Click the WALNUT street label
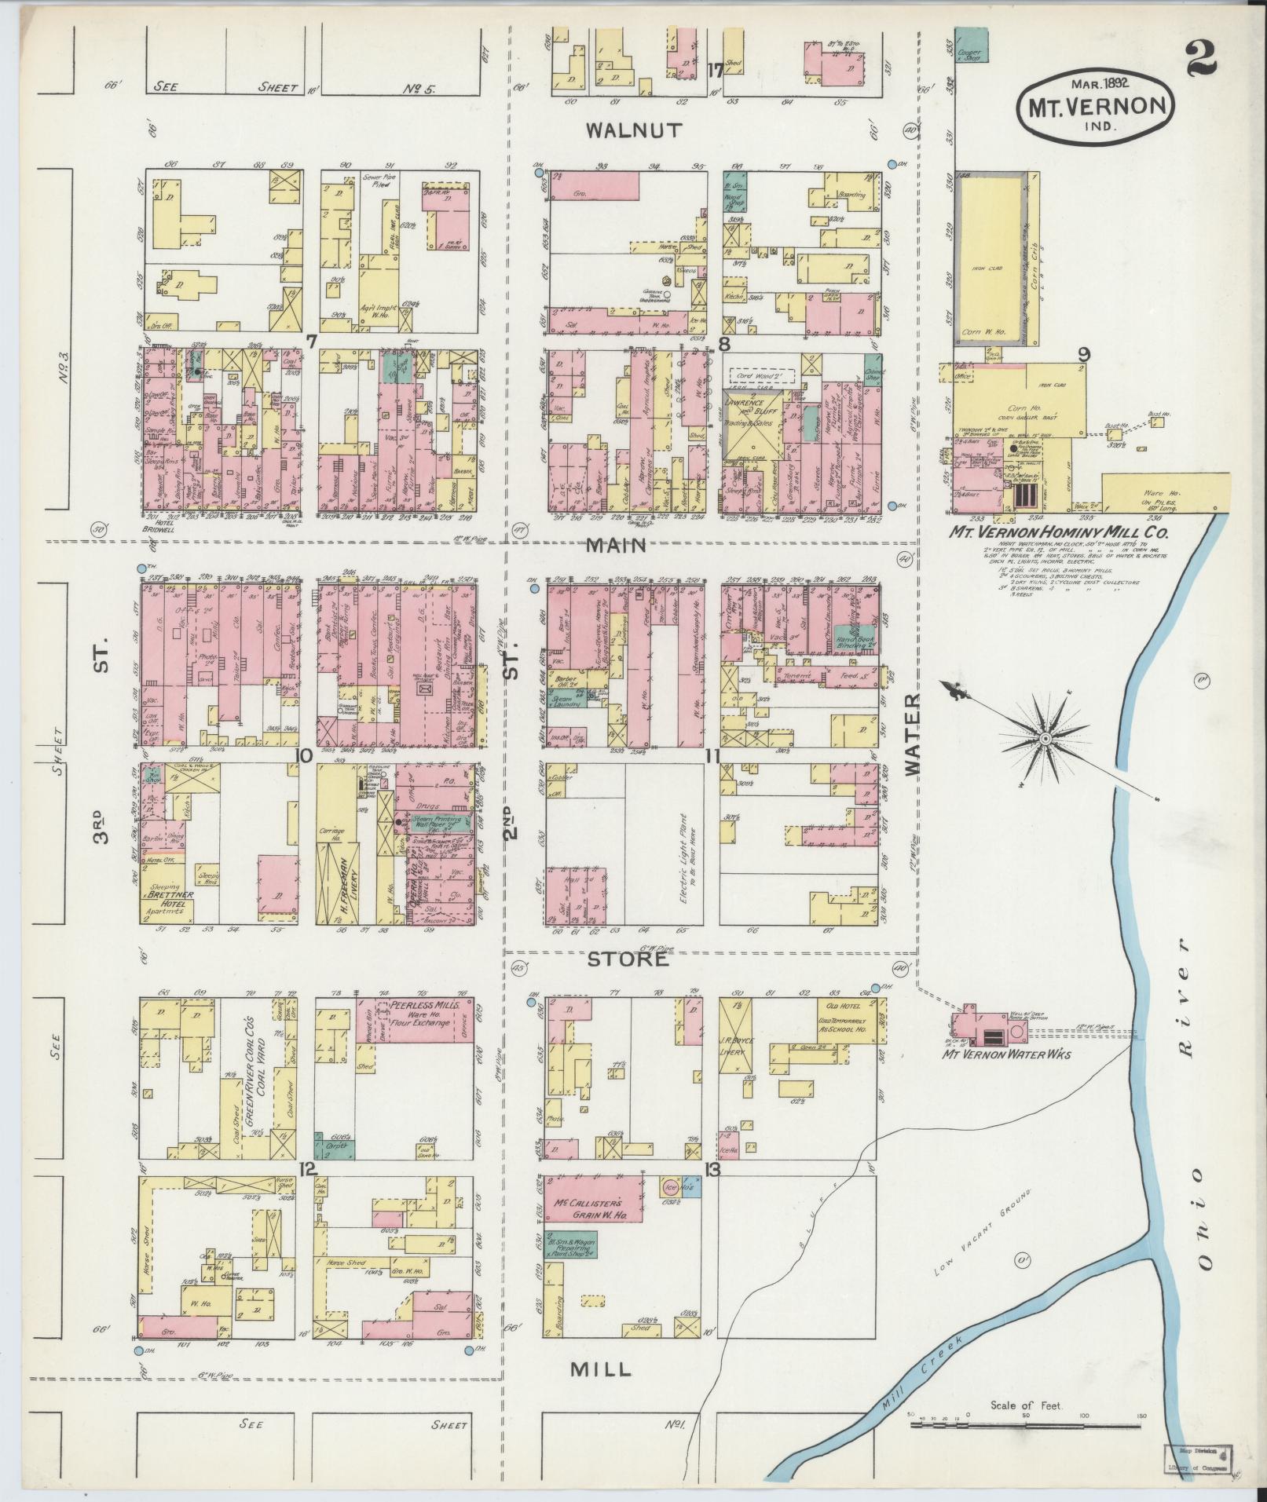point(635,130)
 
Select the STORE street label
point(628,959)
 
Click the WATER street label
point(912,735)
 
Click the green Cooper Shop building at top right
point(971,45)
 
